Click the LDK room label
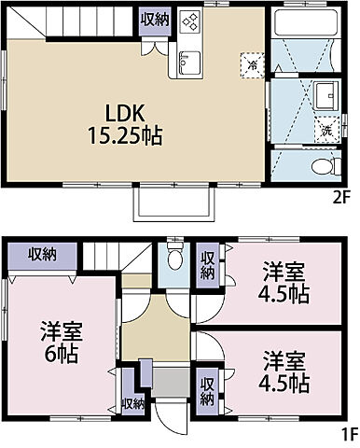[x=125, y=113]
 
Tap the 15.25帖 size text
[x=125, y=135]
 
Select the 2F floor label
[x=341, y=198]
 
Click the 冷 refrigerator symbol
[x=253, y=65]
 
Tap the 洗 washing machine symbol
[x=326, y=130]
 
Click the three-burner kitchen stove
[x=190, y=21]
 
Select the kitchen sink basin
[x=189, y=63]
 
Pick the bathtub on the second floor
[x=306, y=22]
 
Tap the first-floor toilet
[x=175, y=256]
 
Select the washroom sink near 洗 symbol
[x=325, y=95]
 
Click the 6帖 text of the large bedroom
[x=62, y=353]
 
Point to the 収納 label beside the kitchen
[x=155, y=20]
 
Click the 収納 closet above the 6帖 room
[x=43, y=256]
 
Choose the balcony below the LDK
[x=174, y=203]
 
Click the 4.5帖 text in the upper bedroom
[x=284, y=294]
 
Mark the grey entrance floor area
[x=171, y=383]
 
